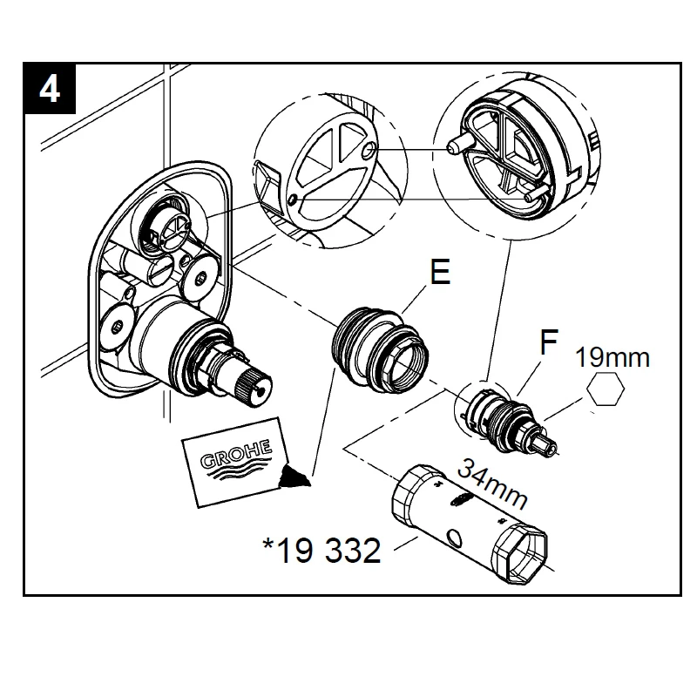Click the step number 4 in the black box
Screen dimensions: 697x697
coord(50,88)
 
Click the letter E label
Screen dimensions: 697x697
coord(439,274)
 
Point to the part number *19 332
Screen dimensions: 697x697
coord(321,550)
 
